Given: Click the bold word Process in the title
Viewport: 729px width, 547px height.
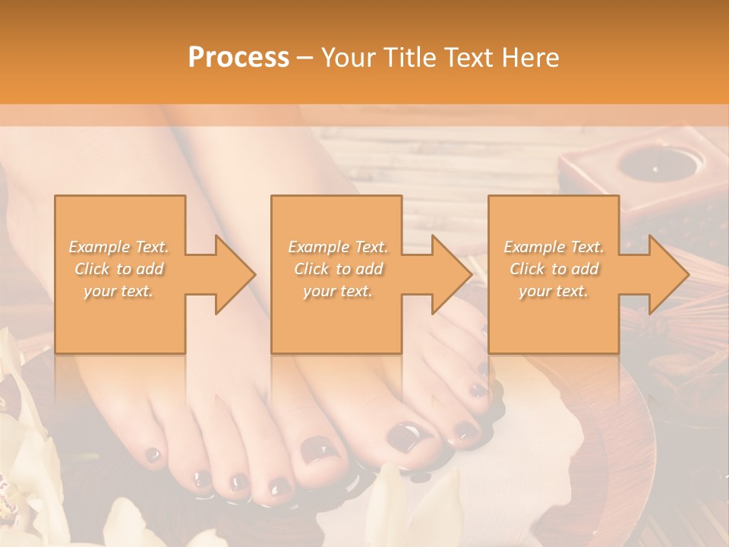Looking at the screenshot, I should (x=238, y=57).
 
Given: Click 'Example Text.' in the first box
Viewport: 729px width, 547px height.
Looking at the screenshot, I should (x=119, y=247).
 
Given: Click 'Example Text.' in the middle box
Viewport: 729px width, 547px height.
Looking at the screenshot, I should (x=338, y=247).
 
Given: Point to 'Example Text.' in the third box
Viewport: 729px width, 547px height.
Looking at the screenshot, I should (x=554, y=247).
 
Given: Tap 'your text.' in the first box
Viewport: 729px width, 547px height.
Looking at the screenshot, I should (x=119, y=291).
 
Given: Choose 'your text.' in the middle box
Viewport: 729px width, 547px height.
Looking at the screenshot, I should (x=338, y=291).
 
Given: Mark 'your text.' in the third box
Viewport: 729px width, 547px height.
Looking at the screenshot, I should (x=554, y=291).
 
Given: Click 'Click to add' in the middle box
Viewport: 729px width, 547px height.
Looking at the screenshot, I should (x=338, y=269).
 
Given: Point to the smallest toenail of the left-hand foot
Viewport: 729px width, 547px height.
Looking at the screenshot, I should (x=153, y=454).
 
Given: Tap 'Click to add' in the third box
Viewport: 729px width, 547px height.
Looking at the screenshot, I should (x=554, y=269).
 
